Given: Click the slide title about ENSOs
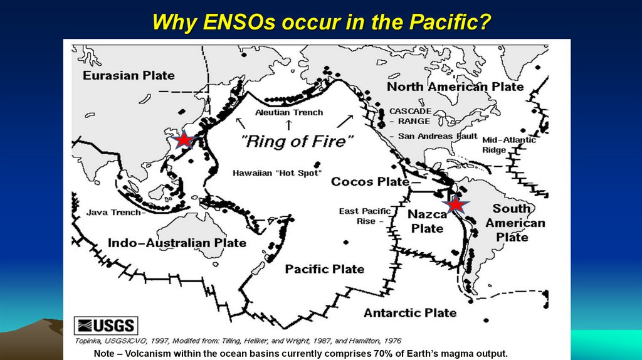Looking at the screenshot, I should click(x=321, y=23).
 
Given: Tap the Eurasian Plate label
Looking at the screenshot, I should click(x=129, y=75).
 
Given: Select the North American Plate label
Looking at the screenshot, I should click(x=455, y=87).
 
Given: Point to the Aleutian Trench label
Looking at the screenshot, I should click(x=289, y=112).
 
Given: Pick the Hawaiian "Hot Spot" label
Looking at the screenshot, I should click(x=276, y=172).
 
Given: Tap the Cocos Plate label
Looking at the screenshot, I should click(x=369, y=182).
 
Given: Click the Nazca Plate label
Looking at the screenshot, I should click(x=427, y=221).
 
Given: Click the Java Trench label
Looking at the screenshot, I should click(x=115, y=212).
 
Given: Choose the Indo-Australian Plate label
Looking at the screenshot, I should click(x=177, y=243).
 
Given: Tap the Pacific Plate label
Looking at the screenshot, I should click(x=324, y=269).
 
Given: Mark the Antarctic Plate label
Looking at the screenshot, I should click(x=410, y=312).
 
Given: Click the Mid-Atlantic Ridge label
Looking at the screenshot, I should click(x=508, y=145).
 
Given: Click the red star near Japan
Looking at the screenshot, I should click(x=183, y=140).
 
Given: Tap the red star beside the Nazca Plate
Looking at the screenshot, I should click(x=456, y=204).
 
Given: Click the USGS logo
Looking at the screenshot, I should click(x=106, y=326).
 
